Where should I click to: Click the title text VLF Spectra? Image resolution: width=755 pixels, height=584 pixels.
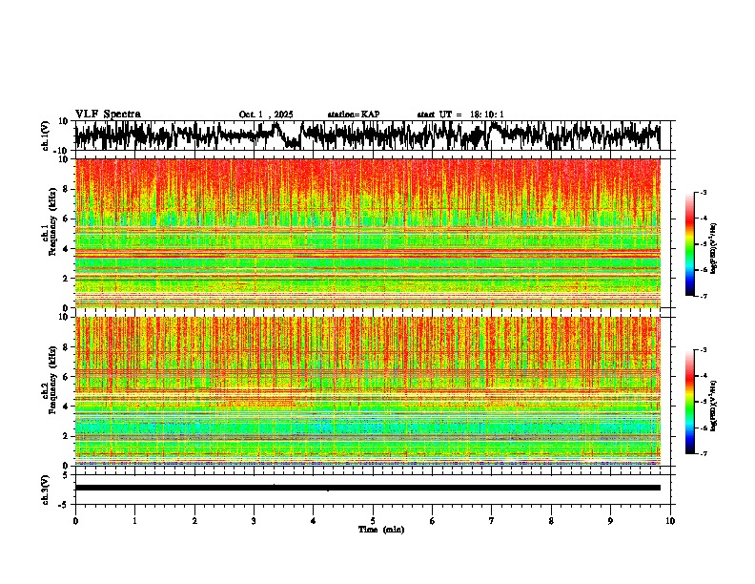108,114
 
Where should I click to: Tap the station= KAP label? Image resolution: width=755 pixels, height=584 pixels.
354,115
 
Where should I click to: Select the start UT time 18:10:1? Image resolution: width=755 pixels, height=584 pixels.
460,115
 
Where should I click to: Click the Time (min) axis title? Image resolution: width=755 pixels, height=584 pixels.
380,529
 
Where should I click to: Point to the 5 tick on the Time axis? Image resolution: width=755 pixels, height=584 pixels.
373,520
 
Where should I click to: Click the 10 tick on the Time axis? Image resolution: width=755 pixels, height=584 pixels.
671,520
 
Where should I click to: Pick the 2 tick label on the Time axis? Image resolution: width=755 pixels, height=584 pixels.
194,520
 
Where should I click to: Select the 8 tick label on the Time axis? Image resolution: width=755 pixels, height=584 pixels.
551,520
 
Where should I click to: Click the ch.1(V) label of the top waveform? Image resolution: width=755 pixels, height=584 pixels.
46,136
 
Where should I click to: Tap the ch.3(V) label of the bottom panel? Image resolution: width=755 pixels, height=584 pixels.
46,487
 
